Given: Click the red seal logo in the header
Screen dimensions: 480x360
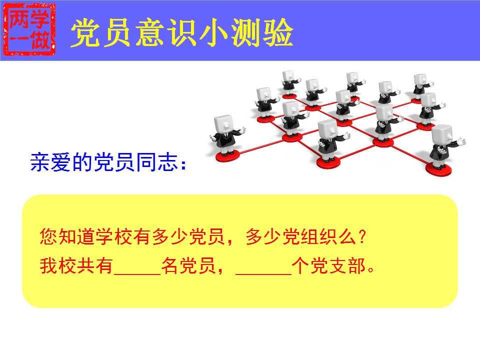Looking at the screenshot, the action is click(x=29, y=29).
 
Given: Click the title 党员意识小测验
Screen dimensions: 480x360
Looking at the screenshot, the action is click(x=182, y=33).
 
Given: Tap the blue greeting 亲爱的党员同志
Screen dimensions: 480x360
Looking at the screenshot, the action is click(x=104, y=162).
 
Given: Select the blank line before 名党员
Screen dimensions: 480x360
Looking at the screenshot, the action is click(x=137, y=273).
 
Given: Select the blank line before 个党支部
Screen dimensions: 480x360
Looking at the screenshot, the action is click(x=263, y=273).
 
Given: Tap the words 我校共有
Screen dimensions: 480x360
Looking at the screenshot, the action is click(x=76, y=265).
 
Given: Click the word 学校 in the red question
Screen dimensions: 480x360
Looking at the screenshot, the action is click(x=114, y=236).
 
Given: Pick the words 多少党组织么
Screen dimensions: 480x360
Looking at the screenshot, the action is click(x=300, y=236).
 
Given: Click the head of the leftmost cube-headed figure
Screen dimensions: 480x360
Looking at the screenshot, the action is click(x=224, y=124).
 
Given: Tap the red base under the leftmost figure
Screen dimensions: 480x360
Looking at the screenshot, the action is click(x=227, y=156).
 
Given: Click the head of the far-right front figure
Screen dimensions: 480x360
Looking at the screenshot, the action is click(x=442, y=135).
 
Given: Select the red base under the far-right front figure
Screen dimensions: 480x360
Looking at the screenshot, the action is click(x=438, y=168).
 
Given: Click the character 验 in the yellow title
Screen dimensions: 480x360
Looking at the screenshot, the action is click(x=278, y=33).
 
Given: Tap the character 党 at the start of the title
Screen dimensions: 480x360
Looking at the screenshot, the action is click(x=85, y=33).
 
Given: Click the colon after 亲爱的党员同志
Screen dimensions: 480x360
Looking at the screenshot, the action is click(x=183, y=164).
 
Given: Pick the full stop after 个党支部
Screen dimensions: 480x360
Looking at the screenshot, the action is click(x=371, y=270).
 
